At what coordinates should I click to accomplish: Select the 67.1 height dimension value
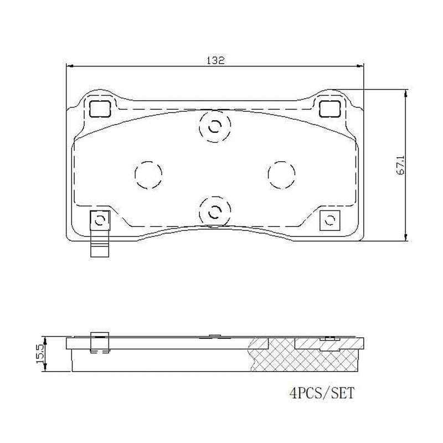pyautogui.click(x=400, y=165)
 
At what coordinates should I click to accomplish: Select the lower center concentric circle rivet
pyautogui.click(x=214, y=210)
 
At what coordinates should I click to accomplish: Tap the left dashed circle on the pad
pyautogui.click(x=148, y=174)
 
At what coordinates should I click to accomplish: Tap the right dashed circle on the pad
pyautogui.click(x=281, y=174)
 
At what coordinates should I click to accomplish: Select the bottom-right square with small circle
pyautogui.click(x=330, y=220)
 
